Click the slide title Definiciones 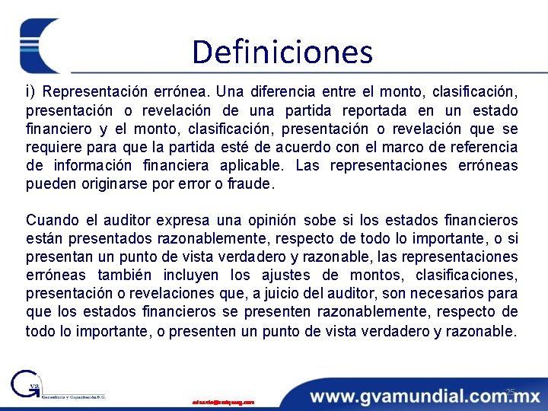[x=282, y=53]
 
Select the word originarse [x=110, y=183]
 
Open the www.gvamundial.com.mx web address [x=425, y=396]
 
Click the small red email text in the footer [x=223, y=401]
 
